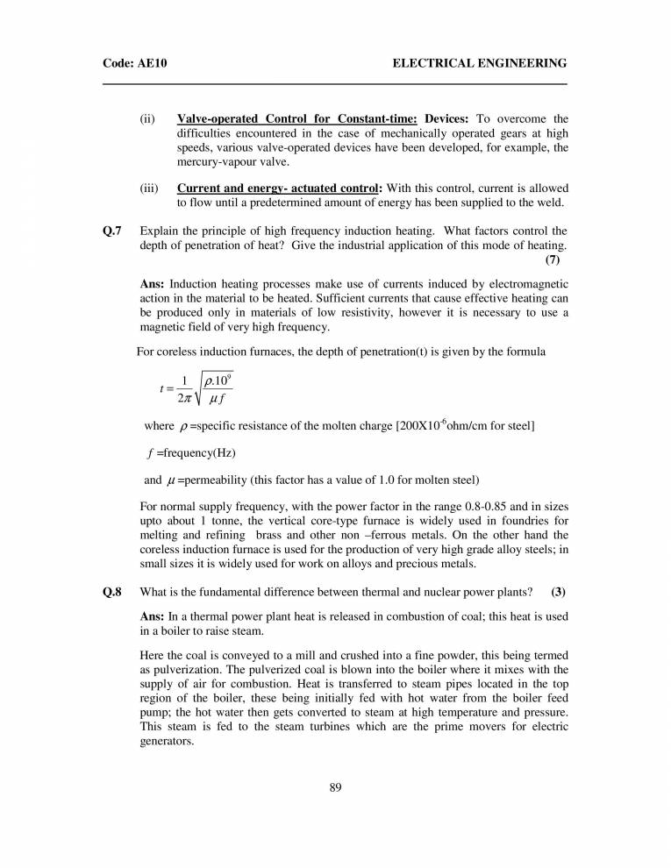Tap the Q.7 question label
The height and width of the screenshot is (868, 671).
coord(112,231)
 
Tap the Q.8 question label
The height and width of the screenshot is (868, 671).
coord(112,592)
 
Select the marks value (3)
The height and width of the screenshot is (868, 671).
coord(558,592)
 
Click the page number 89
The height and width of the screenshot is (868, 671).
coord(335,786)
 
